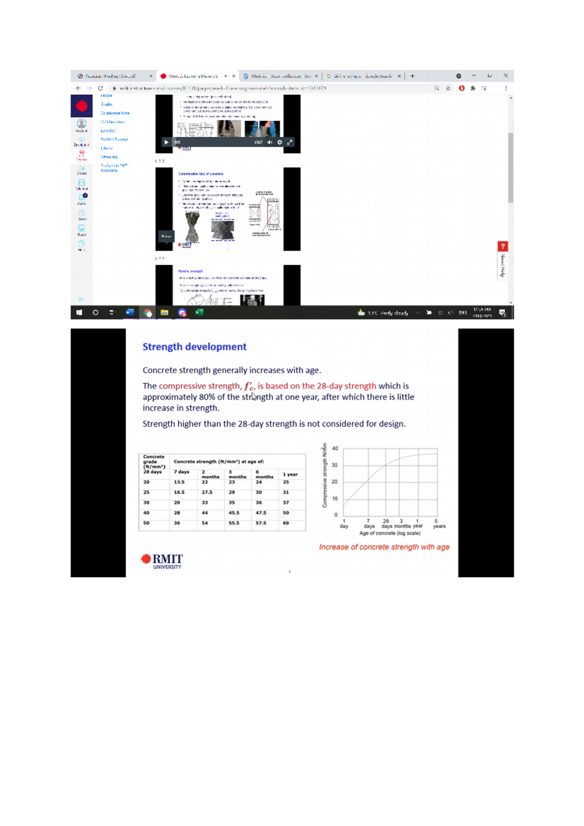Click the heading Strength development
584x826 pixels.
pos(194,347)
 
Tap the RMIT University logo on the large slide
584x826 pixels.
pos(162,560)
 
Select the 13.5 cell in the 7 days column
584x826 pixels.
pos(179,482)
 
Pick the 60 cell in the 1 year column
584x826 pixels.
pos(286,523)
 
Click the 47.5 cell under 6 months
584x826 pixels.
pos(261,513)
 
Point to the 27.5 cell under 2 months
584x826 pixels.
pos(207,492)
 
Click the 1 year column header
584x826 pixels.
pos(290,474)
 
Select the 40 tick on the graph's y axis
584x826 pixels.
pos(335,449)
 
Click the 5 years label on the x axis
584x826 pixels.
pos(438,523)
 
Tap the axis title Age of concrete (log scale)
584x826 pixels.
pos(390,533)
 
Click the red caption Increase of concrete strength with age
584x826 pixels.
pos(384,547)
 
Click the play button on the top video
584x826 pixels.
pos(166,142)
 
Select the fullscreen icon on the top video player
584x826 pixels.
pos(290,142)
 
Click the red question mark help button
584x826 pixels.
pos(503,246)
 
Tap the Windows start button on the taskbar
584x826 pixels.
pos(79,312)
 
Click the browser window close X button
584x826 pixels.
pos(506,75)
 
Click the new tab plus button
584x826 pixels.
pos(412,76)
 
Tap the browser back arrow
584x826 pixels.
pos(78,88)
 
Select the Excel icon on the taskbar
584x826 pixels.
pos(199,312)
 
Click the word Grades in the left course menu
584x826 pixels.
pos(107,104)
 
